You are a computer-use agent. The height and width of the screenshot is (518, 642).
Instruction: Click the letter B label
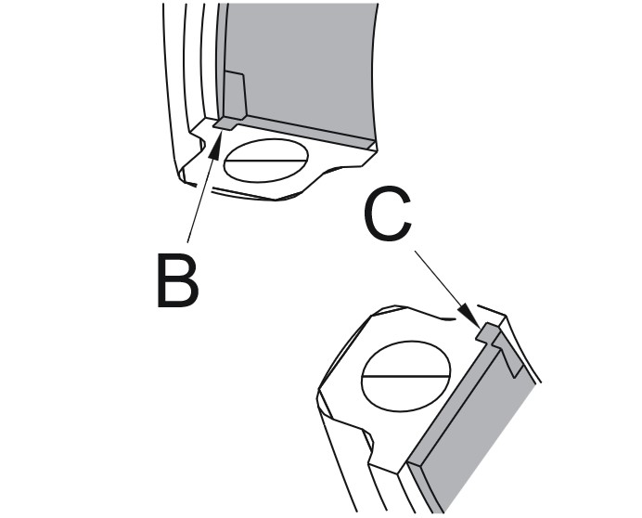tap(178, 280)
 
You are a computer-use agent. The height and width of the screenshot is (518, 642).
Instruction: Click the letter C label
tap(388, 214)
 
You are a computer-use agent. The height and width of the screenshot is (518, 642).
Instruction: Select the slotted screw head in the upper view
tap(266, 161)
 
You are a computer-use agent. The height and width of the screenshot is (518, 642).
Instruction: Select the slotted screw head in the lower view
tap(406, 376)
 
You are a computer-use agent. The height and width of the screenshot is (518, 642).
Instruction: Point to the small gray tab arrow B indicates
tap(226, 123)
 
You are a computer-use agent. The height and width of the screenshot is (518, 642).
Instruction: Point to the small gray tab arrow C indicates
tap(488, 331)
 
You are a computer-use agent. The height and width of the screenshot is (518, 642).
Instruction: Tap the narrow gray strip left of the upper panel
tap(222, 61)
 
